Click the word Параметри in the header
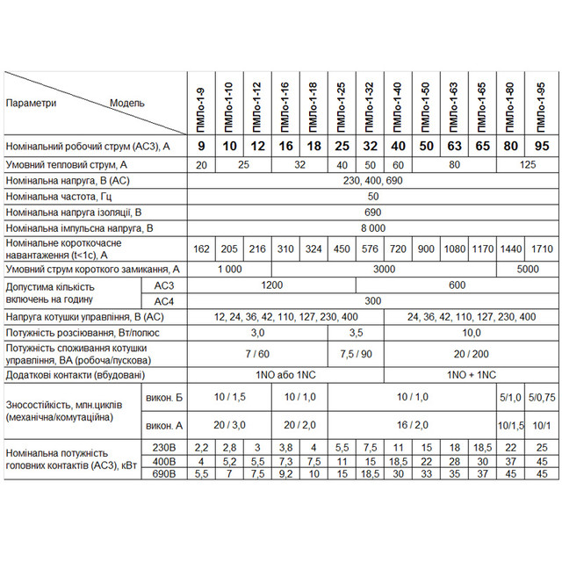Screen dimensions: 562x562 (x=32, y=103)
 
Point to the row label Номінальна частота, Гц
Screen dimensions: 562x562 (x=60, y=197)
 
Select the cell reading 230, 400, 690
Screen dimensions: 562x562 (x=372, y=180)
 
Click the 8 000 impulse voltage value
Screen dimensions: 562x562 (x=372, y=227)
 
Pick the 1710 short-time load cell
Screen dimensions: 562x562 (x=543, y=249)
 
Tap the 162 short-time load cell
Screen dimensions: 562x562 (x=201, y=249)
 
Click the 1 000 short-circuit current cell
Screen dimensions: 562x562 (x=229, y=270)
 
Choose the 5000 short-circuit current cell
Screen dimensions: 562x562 (x=528, y=270)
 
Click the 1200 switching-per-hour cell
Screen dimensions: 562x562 (x=272, y=285)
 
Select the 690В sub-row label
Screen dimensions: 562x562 (x=164, y=474)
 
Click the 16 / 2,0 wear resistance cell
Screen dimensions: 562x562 (x=413, y=425)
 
